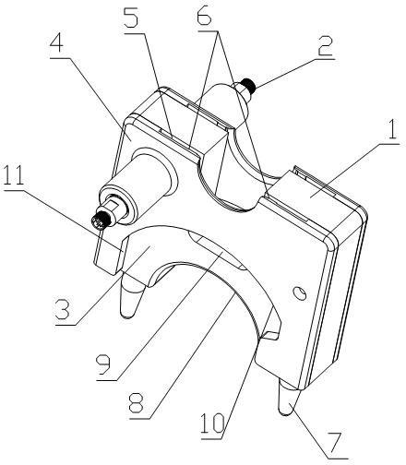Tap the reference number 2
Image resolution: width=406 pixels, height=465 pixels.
pyautogui.click(x=325, y=46)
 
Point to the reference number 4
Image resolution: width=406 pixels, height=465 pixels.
pyautogui.click(x=56, y=44)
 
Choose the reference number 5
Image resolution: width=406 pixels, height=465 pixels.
pyautogui.click(x=132, y=18)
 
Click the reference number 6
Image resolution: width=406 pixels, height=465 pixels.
pyautogui.click(x=204, y=15)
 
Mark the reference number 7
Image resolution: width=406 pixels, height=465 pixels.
pyautogui.click(x=333, y=444)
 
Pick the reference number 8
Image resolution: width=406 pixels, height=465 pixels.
pyautogui.click(x=137, y=403)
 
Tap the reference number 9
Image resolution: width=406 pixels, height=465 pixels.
pyautogui.click(x=103, y=365)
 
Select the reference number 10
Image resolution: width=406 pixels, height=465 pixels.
pyautogui.click(x=213, y=423)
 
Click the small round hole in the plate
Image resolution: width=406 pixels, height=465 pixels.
pyautogui.click(x=300, y=292)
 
